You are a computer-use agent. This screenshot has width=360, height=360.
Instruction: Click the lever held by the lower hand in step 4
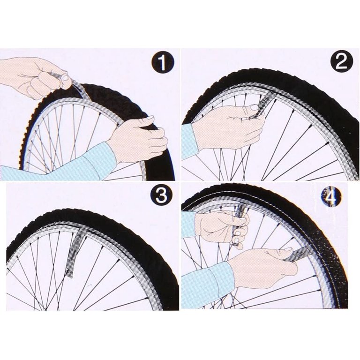coord(293,255)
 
